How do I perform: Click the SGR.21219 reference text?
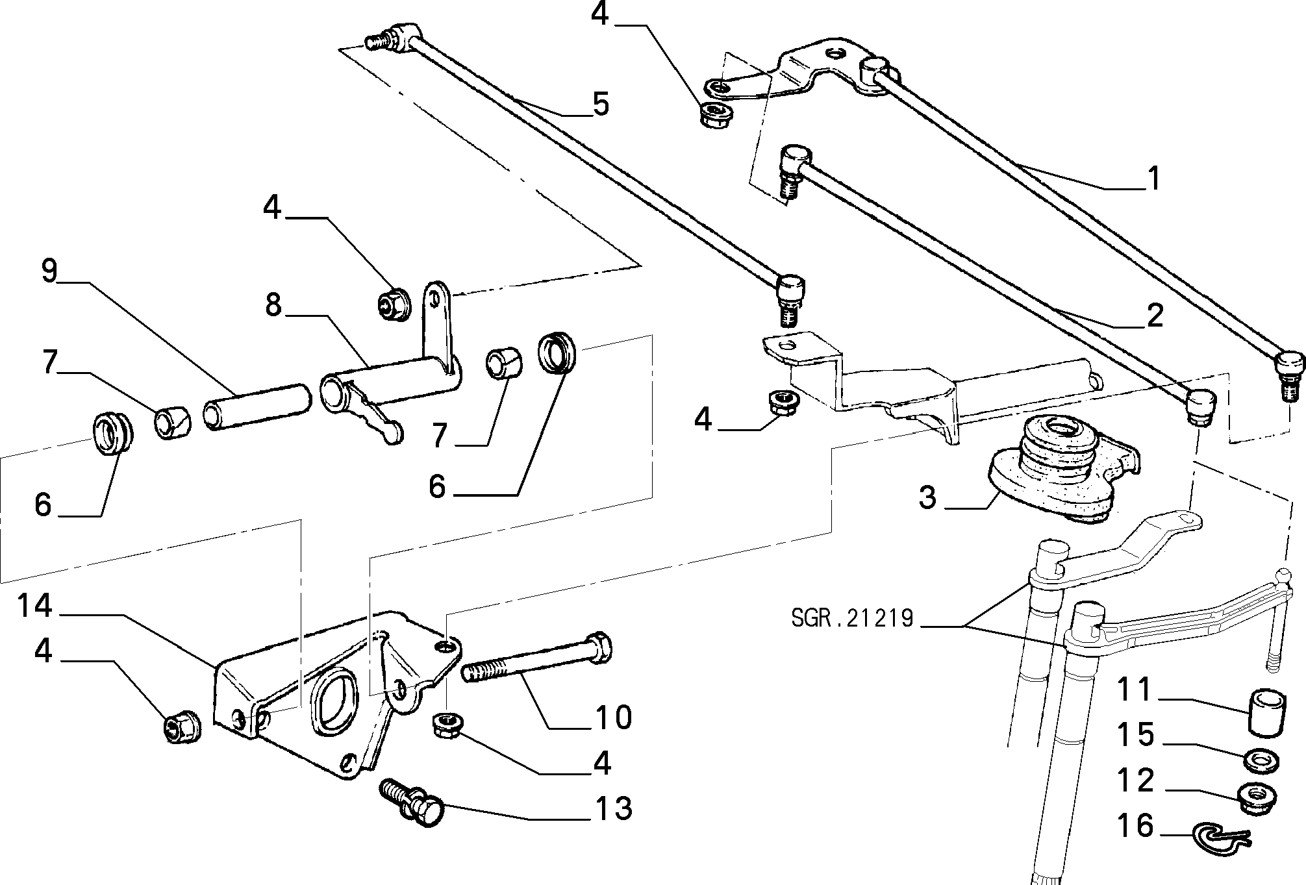(x=852, y=618)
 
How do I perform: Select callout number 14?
(x=34, y=606)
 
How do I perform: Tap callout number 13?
(x=614, y=809)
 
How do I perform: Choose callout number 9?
(x=50, y=271)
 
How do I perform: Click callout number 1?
(x=1153, y=179)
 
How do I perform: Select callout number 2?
(x=1154, y=316)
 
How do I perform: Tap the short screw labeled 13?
(x=410, y=802)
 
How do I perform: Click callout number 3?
(x=928, y=497)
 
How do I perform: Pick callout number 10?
(x=614, y=717)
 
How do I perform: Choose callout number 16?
(x=1135, y=825)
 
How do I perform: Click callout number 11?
(x=1135, y=689)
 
